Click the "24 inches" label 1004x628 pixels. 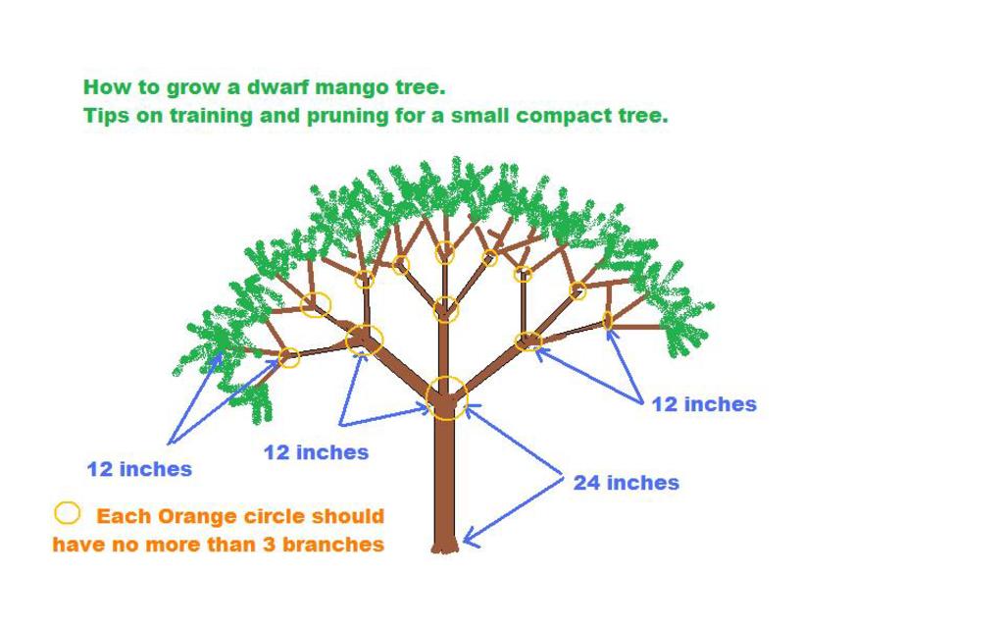tap(626, 483)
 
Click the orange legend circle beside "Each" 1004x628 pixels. tap(68, 513)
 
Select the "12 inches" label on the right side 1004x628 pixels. tap(704, 404)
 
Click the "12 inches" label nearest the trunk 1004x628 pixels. tap(317, 452)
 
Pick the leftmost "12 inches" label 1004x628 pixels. tap(139, 469)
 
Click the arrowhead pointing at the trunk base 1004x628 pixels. tap(471, 537)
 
